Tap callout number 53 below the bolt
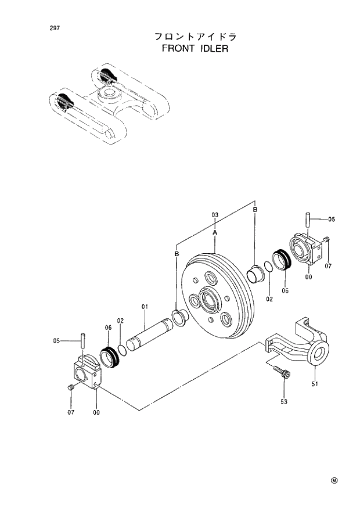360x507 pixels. [x=284, y=401]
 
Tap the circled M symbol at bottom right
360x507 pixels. [x=334, y=480]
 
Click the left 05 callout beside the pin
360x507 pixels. [x=56, y=341]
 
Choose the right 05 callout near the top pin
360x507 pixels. [x=332, y=220]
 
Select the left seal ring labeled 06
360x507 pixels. [x=108, y=357]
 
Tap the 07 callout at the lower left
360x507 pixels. [x=71, y=413]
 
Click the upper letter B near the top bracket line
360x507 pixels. [x=255, y=209]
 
